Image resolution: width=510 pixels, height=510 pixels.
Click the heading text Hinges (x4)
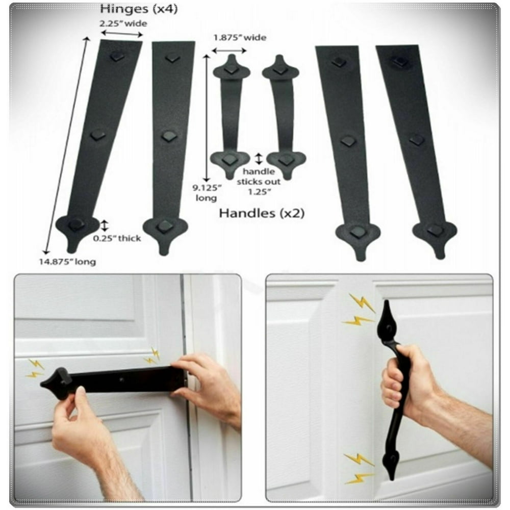point(139,9)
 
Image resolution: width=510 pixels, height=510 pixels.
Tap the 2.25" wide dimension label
point(122,23)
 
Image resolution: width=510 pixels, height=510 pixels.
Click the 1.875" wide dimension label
point(240,37)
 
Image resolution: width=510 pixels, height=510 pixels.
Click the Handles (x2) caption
point(261,213)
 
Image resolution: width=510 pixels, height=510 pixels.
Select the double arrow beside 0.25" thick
point(104,225)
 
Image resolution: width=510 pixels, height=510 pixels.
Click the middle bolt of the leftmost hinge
point(97,135)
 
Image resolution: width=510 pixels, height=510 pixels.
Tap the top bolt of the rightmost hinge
point(400,61)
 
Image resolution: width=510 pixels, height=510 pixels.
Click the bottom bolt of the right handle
point(286,160)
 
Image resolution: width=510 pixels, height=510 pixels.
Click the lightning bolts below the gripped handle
point(359,468)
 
